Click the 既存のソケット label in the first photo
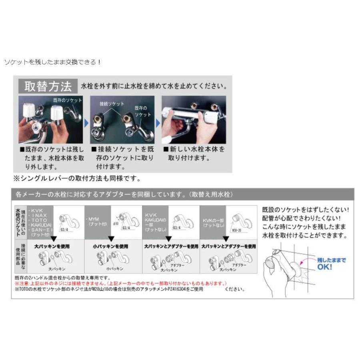tap(67, 100)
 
